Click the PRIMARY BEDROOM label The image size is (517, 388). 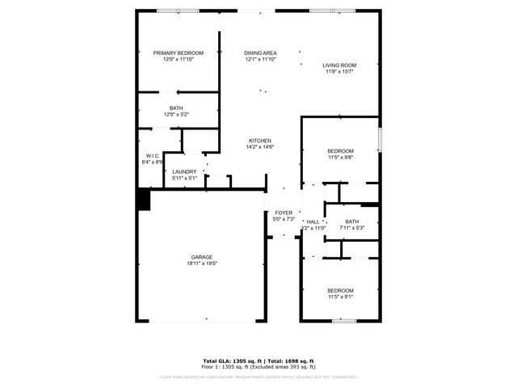[179, 53]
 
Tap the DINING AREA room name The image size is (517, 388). [260, 53]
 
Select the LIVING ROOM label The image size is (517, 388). [339, 65]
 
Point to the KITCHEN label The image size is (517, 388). [259, 141]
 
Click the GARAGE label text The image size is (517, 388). [202, 257]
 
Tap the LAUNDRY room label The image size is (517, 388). [184, 171]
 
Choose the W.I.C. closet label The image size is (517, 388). [153, 155]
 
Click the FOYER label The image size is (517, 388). [283, 213]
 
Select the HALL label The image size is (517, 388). [313, 221]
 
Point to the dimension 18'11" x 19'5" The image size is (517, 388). [202, 264]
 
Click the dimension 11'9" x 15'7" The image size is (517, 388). [339, 72]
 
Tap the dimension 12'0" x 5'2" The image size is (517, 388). [176, 114]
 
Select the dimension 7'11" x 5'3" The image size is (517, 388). [351, 228]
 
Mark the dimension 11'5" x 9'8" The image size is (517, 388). [340, 158]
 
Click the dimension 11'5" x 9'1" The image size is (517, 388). [340, 297]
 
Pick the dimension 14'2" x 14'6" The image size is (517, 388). [260, 147]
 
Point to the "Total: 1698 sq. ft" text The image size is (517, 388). [290, 361]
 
